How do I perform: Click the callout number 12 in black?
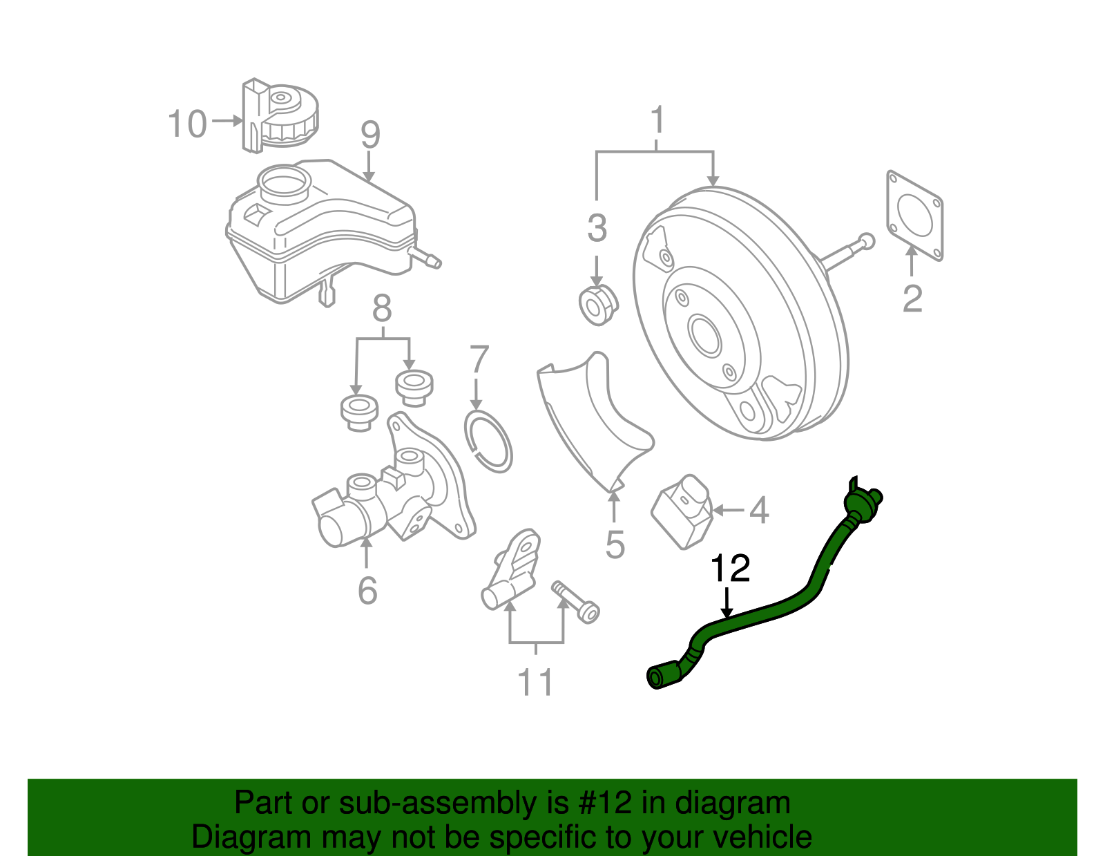[730, 569]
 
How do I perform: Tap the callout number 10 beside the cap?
[187, 124]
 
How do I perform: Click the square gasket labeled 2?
[914, 215]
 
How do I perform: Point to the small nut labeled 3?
[597, 304]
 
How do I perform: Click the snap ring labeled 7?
[489, 442]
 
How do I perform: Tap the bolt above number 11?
[576, 600]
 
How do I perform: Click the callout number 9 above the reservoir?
[370, 135]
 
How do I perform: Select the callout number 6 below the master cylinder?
[367, 590]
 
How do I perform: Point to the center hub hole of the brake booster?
[704, 337]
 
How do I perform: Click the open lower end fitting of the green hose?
[656, 677]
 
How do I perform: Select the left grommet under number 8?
[359, 412]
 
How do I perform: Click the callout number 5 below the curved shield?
[615, 544]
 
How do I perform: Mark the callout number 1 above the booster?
[657, 120]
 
